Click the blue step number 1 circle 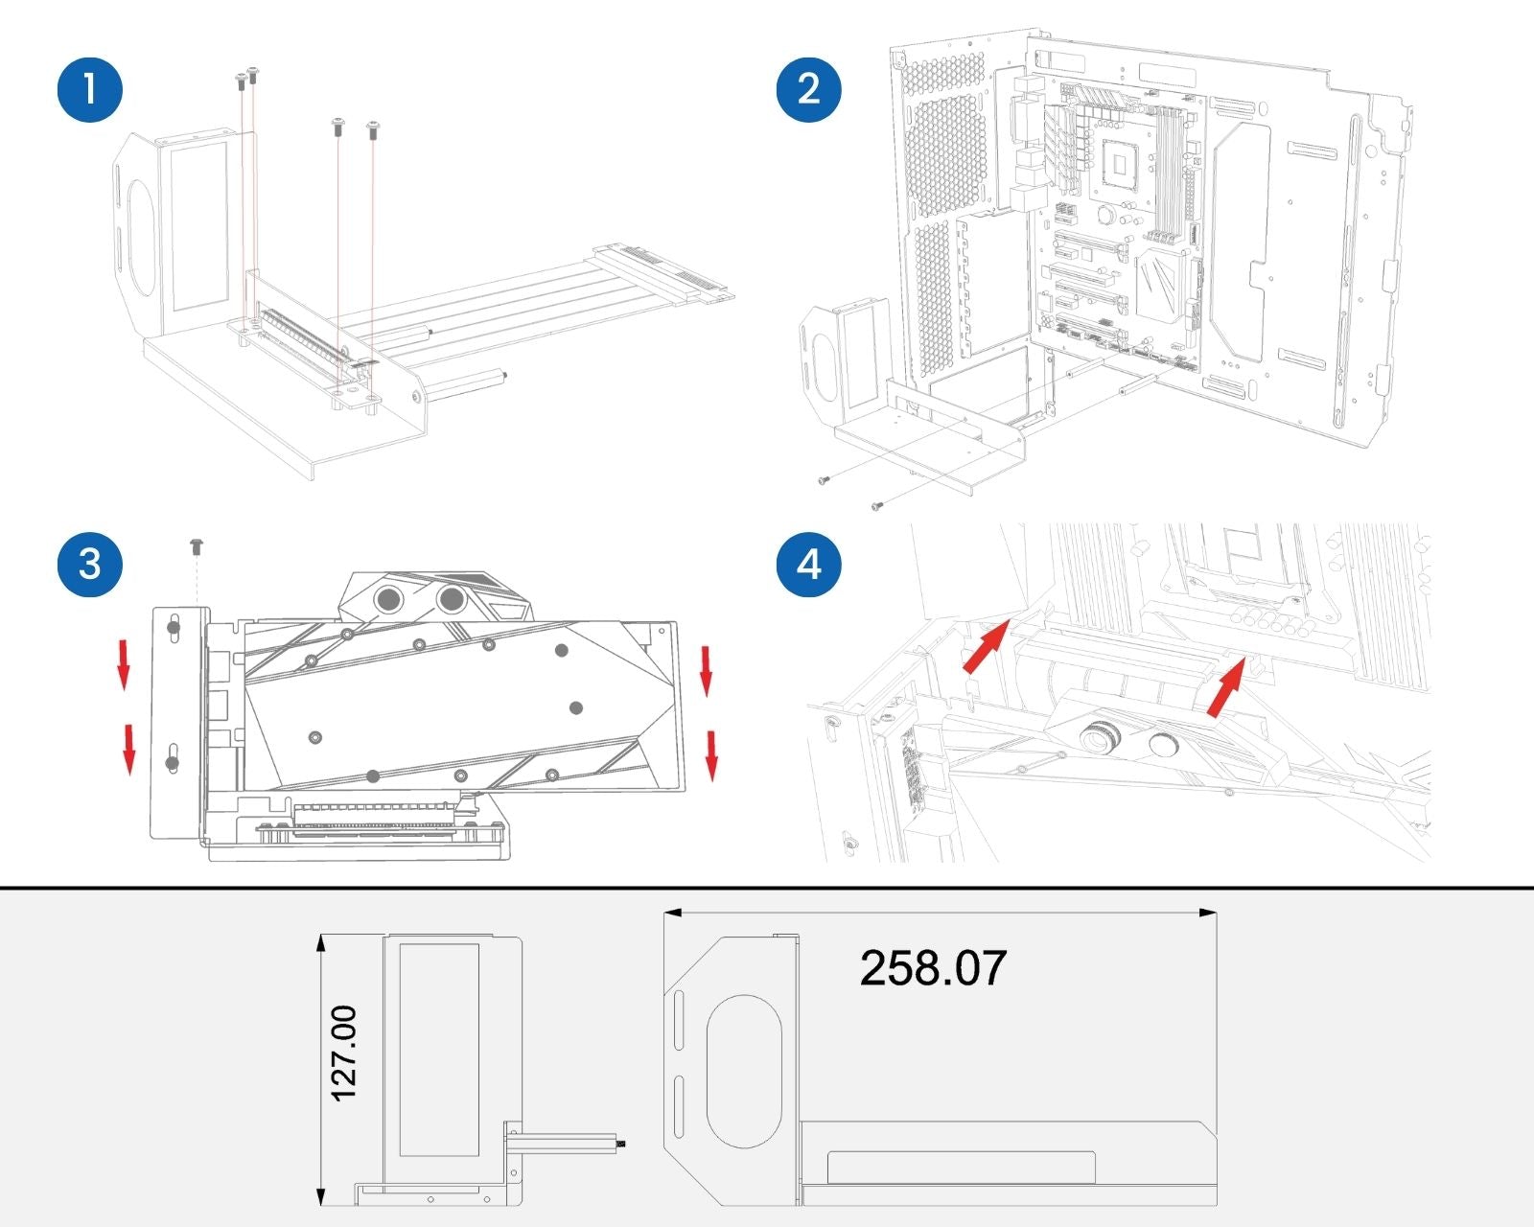(90, 89)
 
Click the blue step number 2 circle (808, 89)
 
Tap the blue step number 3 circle (90, 564)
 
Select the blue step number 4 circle (808, 564)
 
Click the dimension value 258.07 (933, 967)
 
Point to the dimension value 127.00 (344, 1053)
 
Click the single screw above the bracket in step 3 (197, 546)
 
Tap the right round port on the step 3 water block (452, 597)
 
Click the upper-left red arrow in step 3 (124, 665)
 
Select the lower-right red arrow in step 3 (710, 755)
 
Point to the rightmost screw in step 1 (372, 129)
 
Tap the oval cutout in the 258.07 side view (743, 1072)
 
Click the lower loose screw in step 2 (876, 505)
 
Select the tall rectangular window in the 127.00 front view (438, 1050)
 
